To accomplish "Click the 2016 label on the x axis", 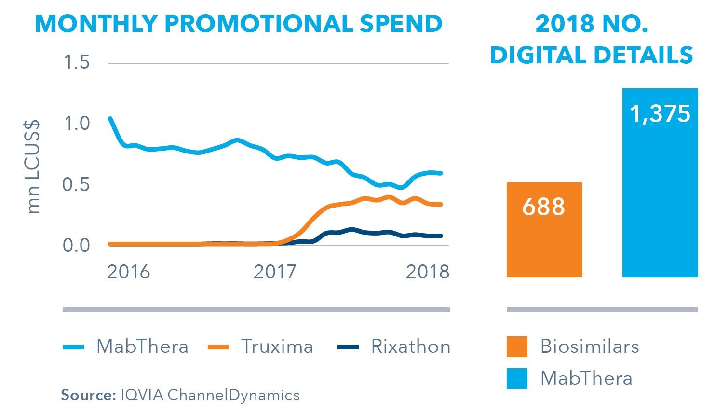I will [x=128, y=272].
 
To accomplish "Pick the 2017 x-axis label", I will [x=275, y=272].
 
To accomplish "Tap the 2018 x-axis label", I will [x=427, y=272].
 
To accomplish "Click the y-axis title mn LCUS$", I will [x=33, y=167].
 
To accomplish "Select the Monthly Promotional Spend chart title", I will [x=239, y=24].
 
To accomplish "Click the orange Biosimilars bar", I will [x=544, y=241].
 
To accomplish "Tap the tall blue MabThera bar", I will [x=660, y=193].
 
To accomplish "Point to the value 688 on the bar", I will [x=543, y=206].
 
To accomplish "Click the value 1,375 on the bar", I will [x=660, y=114].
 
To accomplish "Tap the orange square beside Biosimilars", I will [x=517, y=347].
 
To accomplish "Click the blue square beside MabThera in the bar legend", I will [x=517, y=378].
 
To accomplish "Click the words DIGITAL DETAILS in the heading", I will [x=592, y=55].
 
